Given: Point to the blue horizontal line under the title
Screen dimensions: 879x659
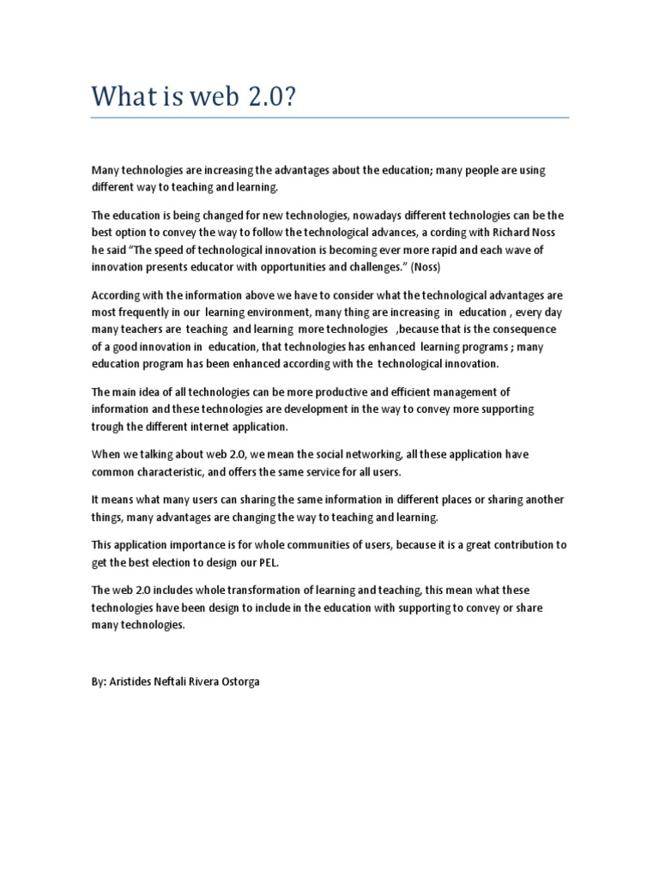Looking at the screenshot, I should (x=330, y=118).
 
